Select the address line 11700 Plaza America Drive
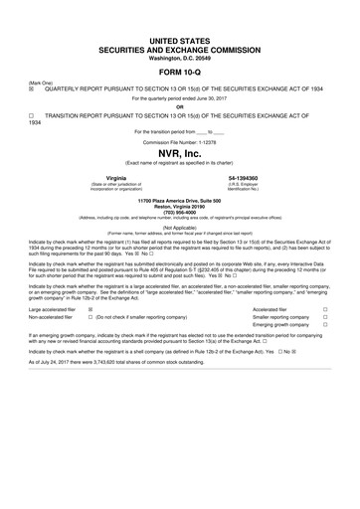click(x=179, y=228)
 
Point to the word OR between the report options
click(x=179, y=107)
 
